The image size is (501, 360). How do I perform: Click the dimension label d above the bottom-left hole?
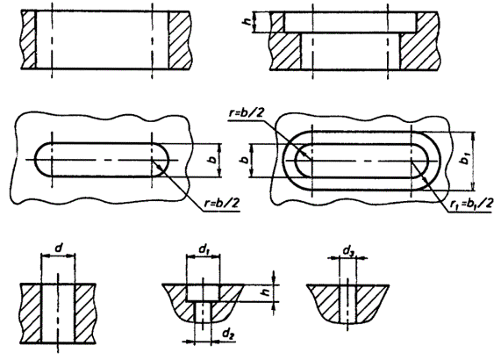[x=59, y=248]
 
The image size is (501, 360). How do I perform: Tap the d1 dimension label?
[x=204, y=249]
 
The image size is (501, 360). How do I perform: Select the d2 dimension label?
[x=228, y=335]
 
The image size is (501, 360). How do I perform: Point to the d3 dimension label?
[x=349, y=252]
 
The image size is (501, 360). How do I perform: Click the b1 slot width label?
[x=466, y=158]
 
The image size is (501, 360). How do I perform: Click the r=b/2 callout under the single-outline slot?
[x=222, y=203]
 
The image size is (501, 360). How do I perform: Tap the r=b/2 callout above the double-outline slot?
[x=247, y=113]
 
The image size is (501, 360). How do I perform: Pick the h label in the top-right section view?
[x=247, y=22]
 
